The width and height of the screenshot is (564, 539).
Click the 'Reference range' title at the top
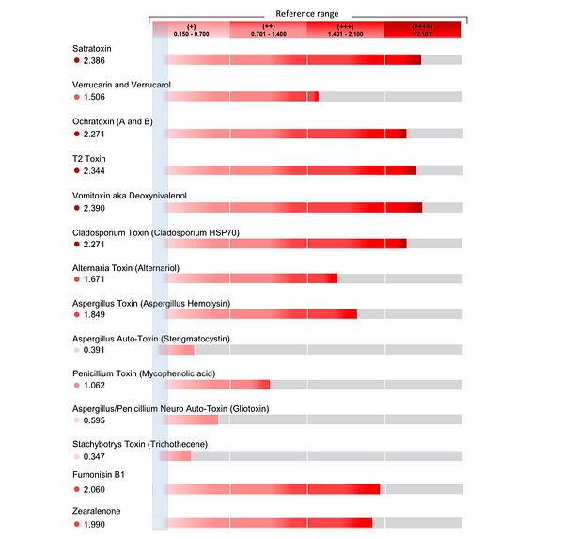(308, 13)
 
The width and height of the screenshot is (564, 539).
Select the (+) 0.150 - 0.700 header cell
(192, 30)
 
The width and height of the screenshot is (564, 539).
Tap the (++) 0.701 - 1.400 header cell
(269, 30)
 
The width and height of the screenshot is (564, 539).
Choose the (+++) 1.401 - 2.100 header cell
(346, 30)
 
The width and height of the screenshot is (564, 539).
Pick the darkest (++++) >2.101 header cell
(422, 30)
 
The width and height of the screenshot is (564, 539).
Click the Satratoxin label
(97, 47)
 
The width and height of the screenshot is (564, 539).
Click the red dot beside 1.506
(77, 97)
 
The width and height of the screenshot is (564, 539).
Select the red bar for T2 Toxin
(290, 169)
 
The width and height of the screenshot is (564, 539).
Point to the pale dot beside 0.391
(77, 350)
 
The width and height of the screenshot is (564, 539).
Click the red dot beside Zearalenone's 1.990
(77, 524)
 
